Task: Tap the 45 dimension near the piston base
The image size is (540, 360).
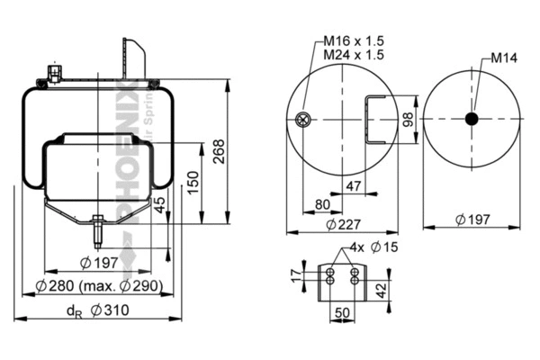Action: coord(160,205)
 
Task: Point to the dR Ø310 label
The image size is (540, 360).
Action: coord(98,310)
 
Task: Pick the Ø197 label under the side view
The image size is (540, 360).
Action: coord(94,262)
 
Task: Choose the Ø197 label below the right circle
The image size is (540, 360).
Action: coord(472,219)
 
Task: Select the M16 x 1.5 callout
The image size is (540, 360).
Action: coord(353,40)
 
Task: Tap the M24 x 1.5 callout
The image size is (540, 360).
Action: coord(353,55)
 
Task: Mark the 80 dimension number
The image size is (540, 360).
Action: coord(322,203)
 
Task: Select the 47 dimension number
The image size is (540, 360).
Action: coord(354,186)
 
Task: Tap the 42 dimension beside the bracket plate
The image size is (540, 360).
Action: coord(381,289)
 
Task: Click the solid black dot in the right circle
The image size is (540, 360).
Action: coord(472,119)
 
